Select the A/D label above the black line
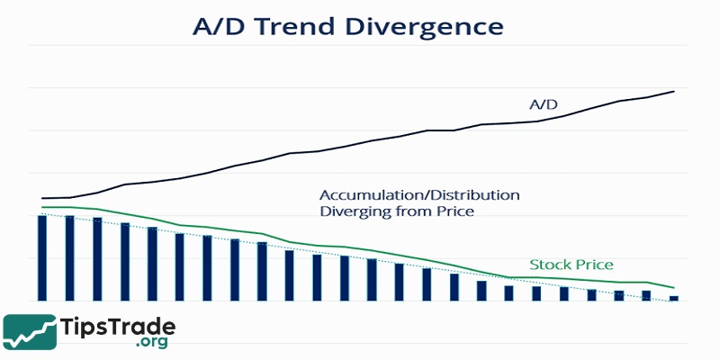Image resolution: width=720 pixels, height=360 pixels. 544,105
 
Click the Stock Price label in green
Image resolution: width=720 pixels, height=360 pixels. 571,265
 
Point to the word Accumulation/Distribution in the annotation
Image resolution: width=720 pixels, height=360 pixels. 419,194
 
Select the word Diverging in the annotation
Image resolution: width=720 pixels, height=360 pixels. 355,211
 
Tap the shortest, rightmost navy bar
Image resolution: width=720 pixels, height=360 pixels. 673,297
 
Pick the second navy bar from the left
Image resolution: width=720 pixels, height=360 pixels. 69,258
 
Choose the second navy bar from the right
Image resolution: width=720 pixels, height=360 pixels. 646,295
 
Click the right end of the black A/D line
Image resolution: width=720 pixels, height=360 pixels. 674,91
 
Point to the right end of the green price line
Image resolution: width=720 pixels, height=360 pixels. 674,288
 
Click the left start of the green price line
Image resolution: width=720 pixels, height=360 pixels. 41,208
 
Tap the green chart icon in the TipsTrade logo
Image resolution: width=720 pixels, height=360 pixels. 29,331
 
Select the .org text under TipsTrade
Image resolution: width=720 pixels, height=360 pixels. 154,343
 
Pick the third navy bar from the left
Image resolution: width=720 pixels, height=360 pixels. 97,259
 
